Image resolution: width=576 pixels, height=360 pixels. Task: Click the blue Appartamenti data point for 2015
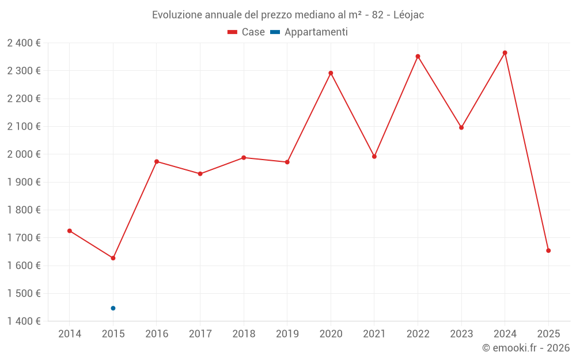[x=113, y=308]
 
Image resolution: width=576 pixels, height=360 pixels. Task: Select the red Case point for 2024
[x=505, y=53]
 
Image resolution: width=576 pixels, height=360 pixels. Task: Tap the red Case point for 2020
[x=331, y=73]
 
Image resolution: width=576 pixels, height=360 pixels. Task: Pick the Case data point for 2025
[x=548, y=251]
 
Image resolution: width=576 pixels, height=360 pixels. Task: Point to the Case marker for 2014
[x=70, y=231]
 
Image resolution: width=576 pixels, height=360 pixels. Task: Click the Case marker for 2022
[x=418, y=56]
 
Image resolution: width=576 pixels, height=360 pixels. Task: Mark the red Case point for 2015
[x=113, y=258]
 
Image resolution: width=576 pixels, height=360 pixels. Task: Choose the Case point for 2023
[x=461, y=127]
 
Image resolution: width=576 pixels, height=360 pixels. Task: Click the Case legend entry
[x=247, y=32]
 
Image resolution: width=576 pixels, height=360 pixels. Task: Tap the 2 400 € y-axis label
[x=24, y=43]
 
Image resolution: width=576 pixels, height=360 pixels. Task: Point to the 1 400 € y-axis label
[x=24, y=321]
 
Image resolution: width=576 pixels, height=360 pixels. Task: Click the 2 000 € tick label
[x=24, y=154]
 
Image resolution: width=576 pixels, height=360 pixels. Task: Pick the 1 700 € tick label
[x=24, y=237]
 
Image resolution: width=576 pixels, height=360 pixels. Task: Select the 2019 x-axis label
[x=287, y=334]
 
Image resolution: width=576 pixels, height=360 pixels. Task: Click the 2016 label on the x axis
[x=157, y=334]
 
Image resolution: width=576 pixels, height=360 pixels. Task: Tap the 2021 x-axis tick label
[x=374, y=334]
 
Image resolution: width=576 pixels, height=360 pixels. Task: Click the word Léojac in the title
[x=408, y=15]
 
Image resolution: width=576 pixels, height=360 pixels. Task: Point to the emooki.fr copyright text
[x=525, y=348]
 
